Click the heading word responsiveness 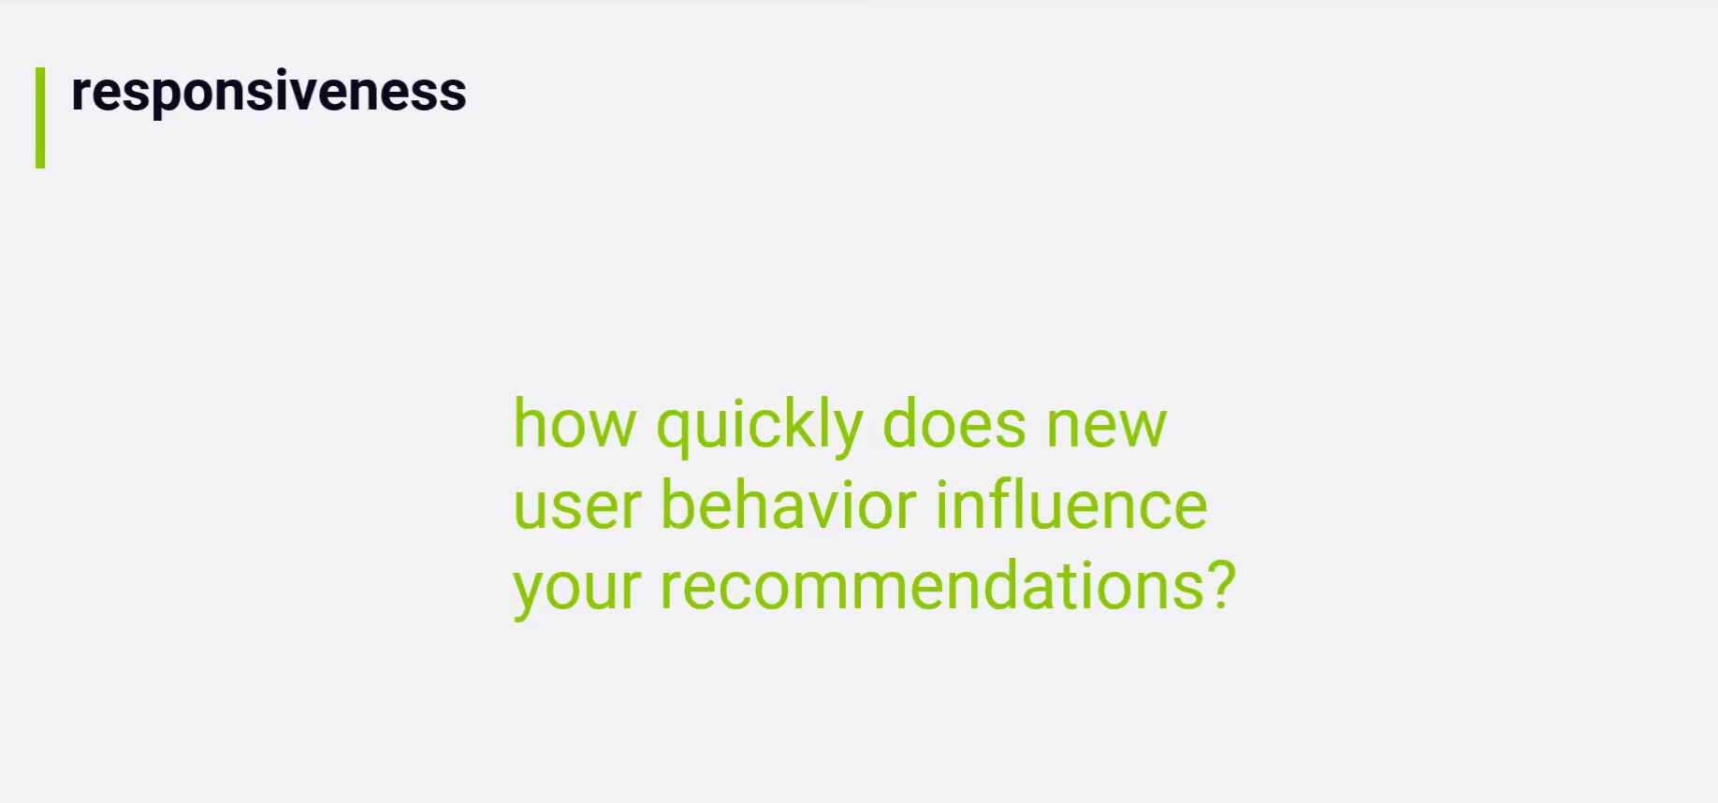point(269,93)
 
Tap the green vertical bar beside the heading point(40,118)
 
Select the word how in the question point(575,424)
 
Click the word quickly point(759,428)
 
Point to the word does point(954,424)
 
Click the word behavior point(789,505)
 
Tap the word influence point(1071,505)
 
